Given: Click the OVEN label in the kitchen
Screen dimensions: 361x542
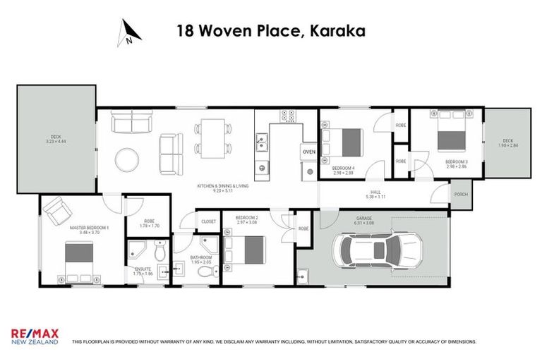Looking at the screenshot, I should coord(309,152).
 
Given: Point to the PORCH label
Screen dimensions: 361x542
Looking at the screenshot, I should coord(461,195).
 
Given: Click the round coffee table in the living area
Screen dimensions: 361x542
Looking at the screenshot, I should coord(128,159).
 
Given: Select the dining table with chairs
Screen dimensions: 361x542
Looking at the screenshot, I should coord(212,137).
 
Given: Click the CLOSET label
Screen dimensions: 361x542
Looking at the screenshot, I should coord(208,221).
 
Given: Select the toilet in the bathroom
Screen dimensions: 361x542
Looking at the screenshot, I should coord(205,271).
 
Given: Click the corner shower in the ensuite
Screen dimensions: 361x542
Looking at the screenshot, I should coord(138,248).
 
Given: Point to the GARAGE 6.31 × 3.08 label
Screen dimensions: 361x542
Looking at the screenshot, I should coord(364,221).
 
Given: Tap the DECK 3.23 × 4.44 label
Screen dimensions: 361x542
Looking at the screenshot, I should coord(56,139).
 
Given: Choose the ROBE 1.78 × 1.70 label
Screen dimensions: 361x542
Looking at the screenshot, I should coord(148,223).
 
